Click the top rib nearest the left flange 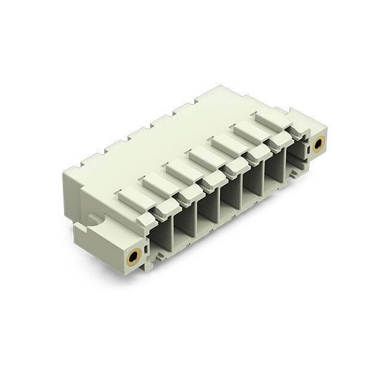131,195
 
